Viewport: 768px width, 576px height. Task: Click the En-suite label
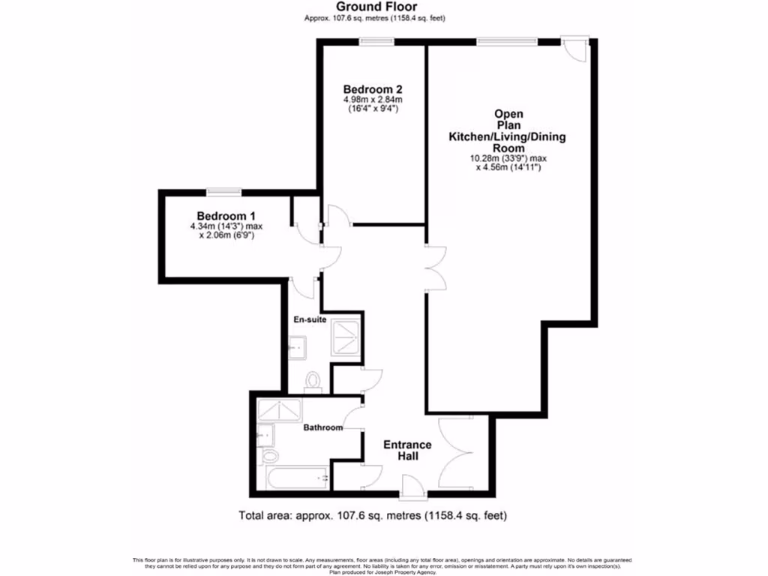click(307, 319)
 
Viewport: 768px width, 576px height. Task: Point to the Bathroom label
click(322, 428)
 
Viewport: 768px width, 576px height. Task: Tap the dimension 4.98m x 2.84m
click(373, 99)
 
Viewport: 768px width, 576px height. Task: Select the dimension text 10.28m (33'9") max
click(508, 158)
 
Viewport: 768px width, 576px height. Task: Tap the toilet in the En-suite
click(313, 382)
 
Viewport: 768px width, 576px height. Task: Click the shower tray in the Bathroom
click(279, 410)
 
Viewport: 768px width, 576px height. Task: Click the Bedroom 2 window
click(373, 42)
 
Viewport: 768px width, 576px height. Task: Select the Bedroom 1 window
click(224, 191)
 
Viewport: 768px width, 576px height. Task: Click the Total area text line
click(373, 515)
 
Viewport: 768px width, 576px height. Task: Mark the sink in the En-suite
click(297, 346)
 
